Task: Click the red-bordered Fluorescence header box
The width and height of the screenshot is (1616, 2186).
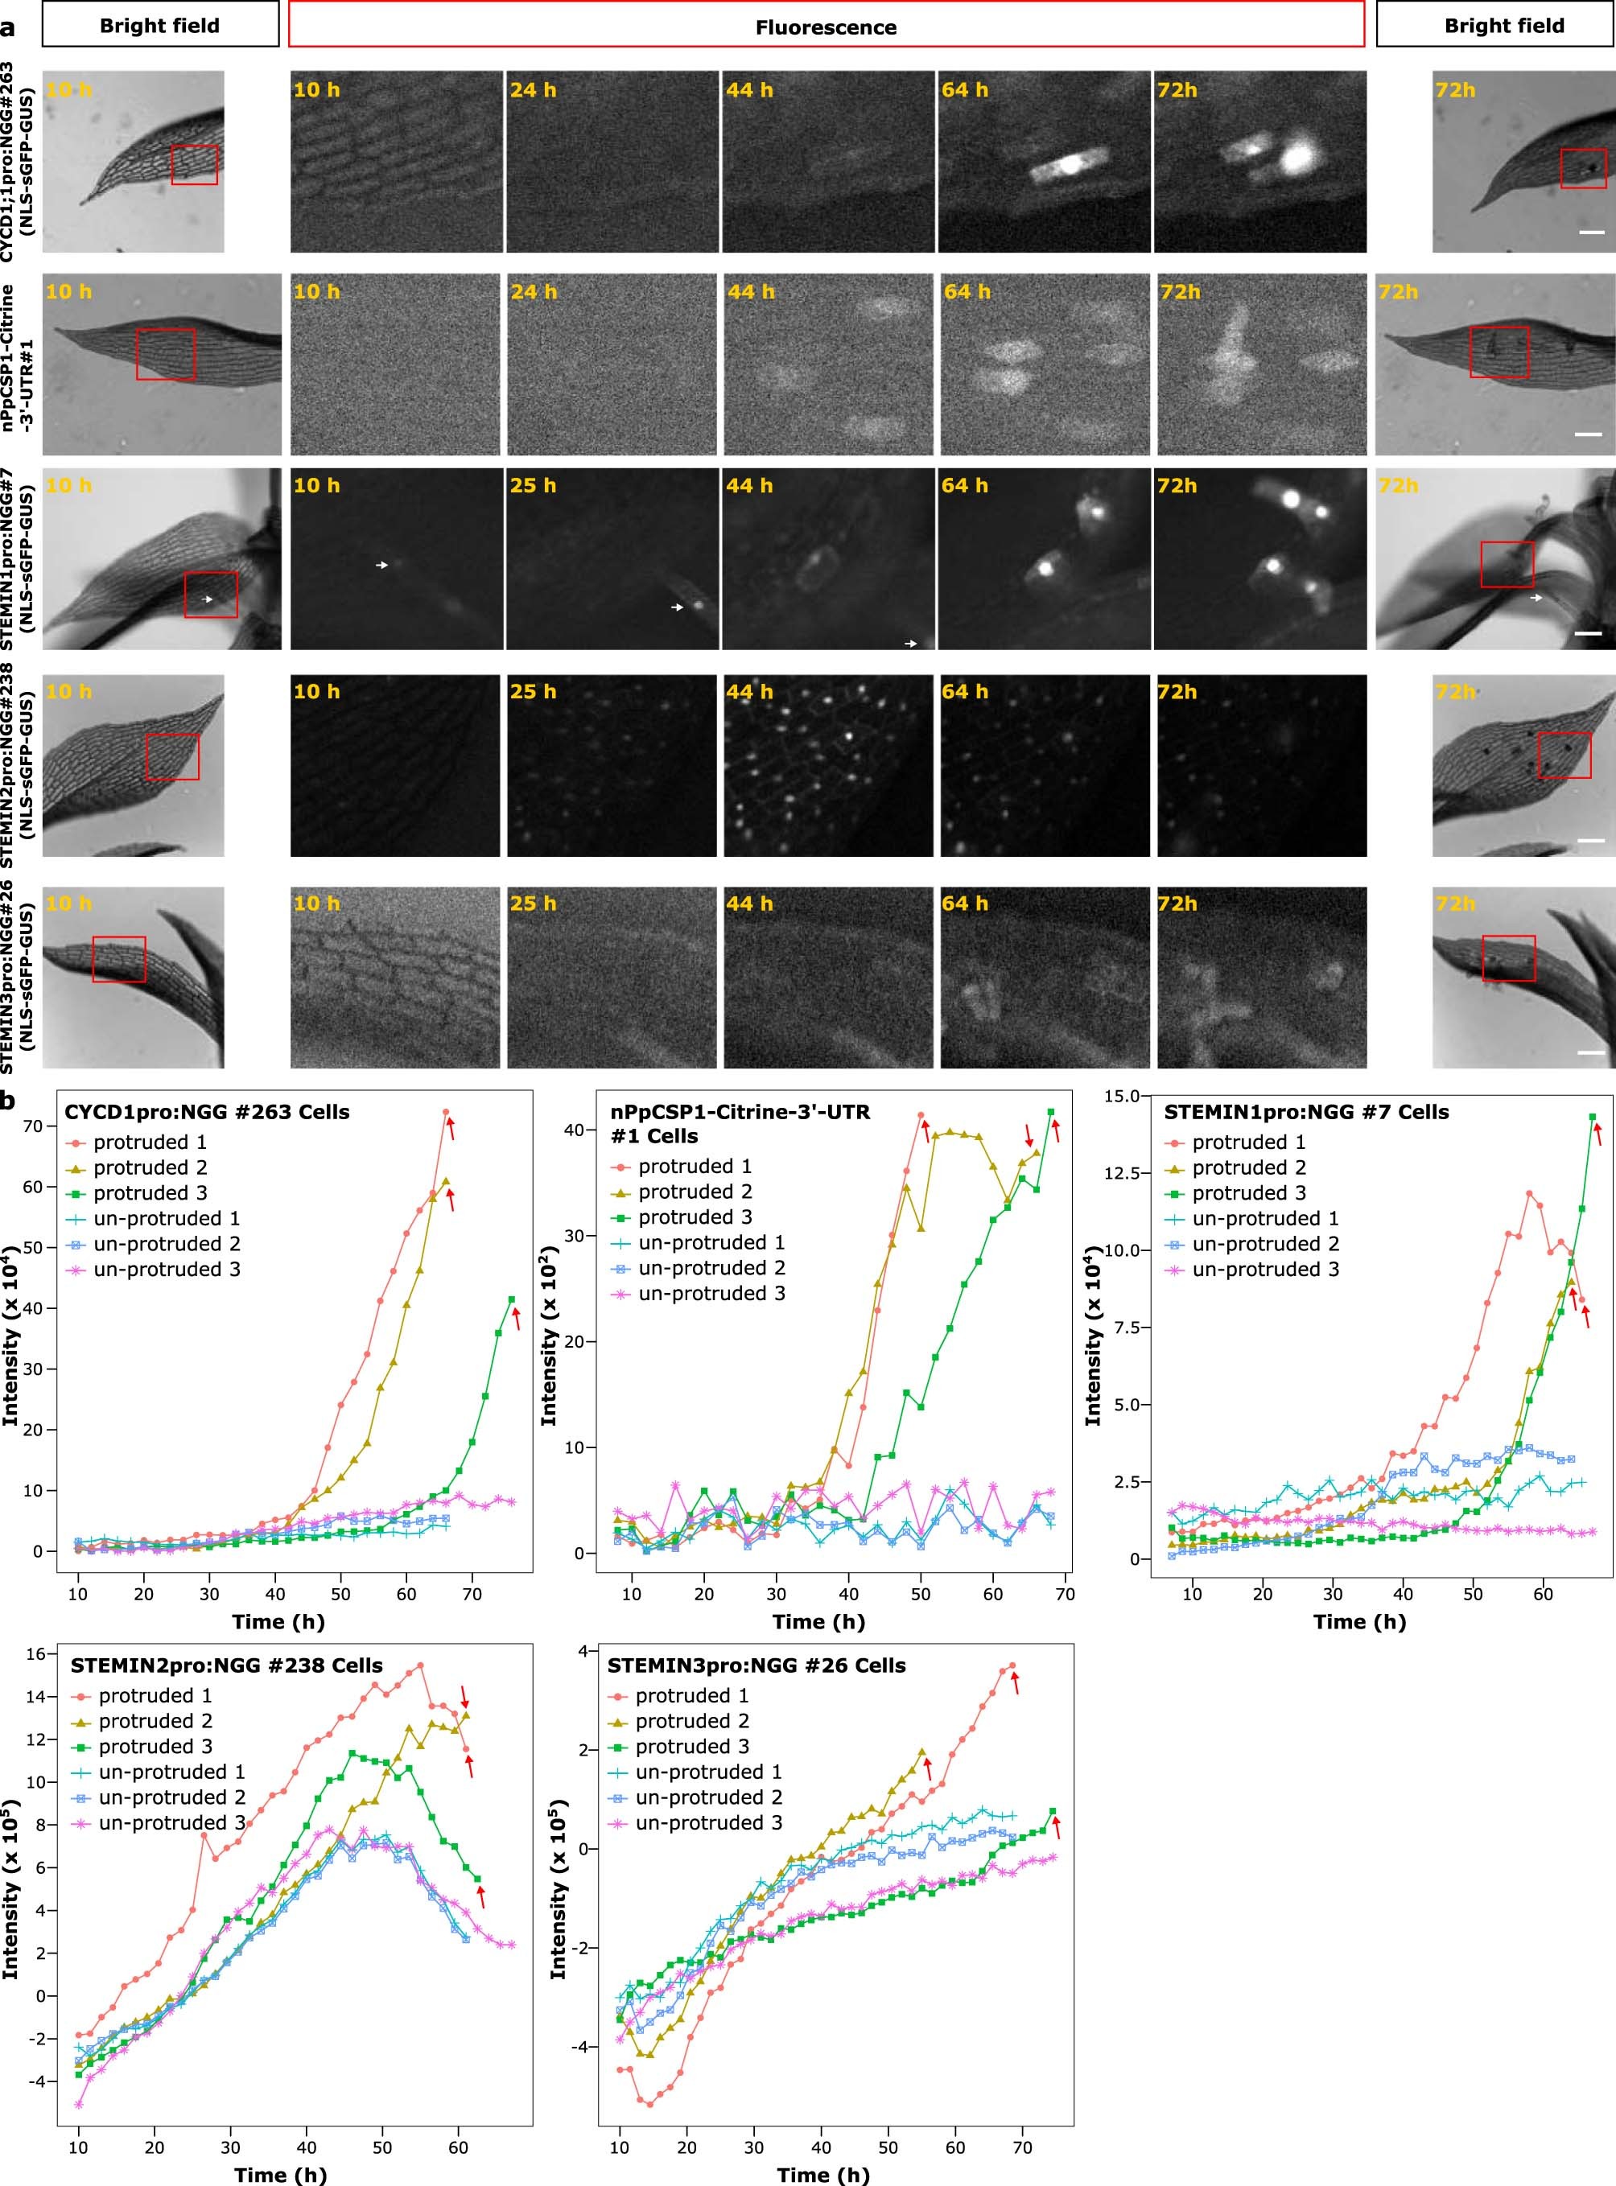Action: tap(826, 26)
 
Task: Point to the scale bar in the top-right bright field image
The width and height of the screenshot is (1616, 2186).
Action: tap(1592, 233)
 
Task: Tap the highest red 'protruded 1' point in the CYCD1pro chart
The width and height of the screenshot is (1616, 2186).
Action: tap(445, 1113)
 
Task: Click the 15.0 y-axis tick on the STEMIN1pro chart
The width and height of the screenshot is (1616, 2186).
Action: tap(1121, 1097)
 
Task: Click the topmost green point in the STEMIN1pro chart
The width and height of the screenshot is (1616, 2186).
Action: tap(1593, 1117)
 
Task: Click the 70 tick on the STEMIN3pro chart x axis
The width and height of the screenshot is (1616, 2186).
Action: tap(1022, 2140)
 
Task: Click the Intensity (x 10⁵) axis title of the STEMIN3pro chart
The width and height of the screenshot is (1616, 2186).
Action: tap(559, 1888)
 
